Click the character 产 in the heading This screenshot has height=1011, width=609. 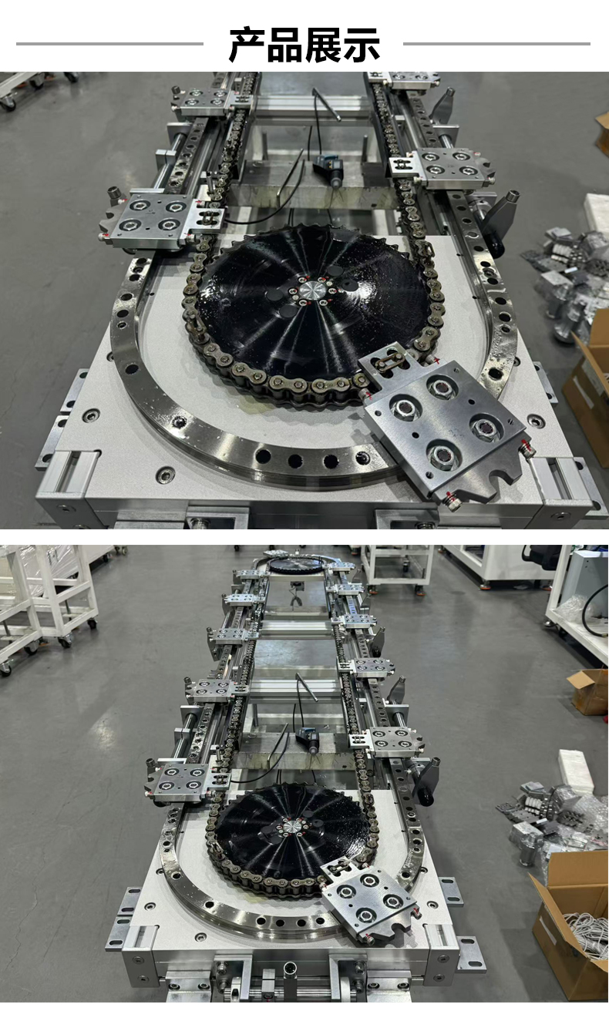247,44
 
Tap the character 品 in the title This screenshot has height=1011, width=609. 285,44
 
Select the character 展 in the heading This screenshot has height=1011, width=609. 323,44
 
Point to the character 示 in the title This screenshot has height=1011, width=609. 361,44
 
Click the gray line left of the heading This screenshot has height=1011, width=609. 109,44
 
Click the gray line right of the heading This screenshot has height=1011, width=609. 496,44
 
